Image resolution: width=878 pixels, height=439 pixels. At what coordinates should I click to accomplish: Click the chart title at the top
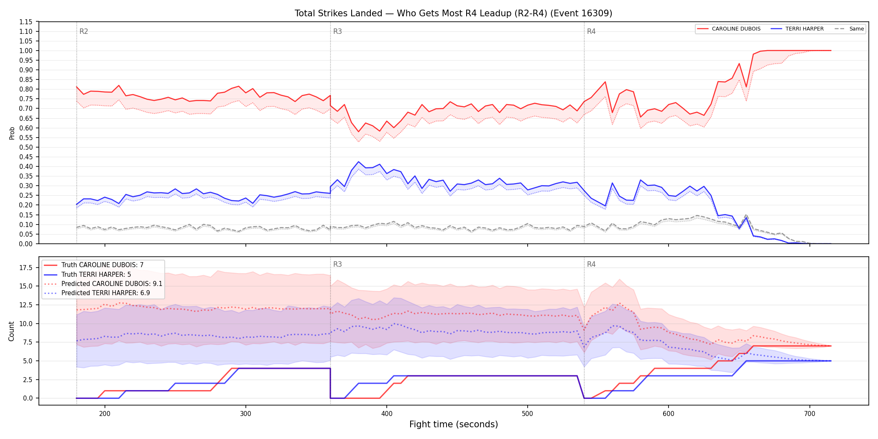pyautogui.click(x=453, y=13)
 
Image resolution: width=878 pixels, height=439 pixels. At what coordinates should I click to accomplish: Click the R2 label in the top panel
pyautogui.click(x=84, y=31)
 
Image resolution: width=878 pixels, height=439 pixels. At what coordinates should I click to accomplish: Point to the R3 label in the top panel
pyautogui.click(x=337, y=31)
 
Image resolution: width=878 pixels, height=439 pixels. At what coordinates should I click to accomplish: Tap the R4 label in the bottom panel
pyautogui.click(x=591, y=264)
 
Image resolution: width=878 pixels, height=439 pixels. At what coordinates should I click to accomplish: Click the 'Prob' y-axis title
pyautogui.click(x=12, y=133)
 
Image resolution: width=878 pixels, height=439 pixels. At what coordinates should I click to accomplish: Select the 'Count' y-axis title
pyautogui.click(x=11, y=331)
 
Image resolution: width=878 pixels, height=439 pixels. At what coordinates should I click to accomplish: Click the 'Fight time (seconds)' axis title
pyautogui.click(x=454, y=424)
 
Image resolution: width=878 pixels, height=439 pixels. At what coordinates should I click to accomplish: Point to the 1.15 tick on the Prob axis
pyautogui.click(x=26, y=22)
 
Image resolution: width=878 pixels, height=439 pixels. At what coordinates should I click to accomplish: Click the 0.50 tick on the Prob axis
pyautogui.click(x=26, y=147)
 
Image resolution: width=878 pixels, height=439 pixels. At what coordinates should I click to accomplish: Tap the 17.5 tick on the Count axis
pyautogui.click(x=26, y=268)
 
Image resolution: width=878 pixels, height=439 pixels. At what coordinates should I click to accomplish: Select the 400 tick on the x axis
pyautogui.click(x=387, y=414)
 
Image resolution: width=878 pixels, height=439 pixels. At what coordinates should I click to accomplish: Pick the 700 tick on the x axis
pyautogui.click(x=810, y=414)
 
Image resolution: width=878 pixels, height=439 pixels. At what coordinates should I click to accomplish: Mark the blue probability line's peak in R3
pyautogui.click(x=358, y=162)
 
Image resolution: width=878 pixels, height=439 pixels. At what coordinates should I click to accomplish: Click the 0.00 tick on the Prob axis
pyautogui.click(x=26, y=244)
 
